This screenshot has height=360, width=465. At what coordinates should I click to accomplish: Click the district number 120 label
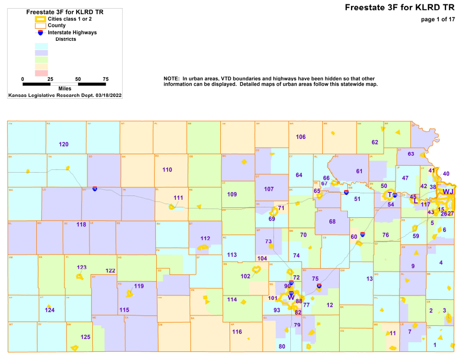click(x=63, y=144)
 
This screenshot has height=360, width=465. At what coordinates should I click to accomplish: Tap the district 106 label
click(x=301, y=137)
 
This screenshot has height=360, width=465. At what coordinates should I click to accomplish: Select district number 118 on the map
click(x=81, y=224)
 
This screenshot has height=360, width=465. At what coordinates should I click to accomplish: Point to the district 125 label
click(x=85, y=337)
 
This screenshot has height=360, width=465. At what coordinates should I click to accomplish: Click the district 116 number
click(x=237, y=332)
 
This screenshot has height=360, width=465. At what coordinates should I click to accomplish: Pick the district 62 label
click(x=374, y=142)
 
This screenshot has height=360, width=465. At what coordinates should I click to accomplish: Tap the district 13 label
click(x=370, y=279)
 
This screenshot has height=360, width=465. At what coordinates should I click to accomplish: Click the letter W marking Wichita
click(x=291, y=298)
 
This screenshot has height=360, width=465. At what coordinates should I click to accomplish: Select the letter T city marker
click(x=390, y=195)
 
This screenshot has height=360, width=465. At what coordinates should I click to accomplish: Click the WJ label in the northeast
click(x=448, y=192)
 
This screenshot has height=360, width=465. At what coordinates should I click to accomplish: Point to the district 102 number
click(x=245, y=276)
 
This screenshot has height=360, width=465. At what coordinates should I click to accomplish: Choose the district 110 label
click(x=167, y=169)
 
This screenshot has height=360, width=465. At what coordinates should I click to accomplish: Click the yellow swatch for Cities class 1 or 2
click(x=40, y=19)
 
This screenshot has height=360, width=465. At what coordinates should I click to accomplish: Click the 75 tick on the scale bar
click(x=106, y=79)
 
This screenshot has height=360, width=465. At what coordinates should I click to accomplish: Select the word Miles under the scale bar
click(x=65, y=88)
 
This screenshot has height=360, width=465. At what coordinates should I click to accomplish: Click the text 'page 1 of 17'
click(x=437, y=20)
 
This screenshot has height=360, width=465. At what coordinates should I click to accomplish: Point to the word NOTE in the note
click(x=171, y=79)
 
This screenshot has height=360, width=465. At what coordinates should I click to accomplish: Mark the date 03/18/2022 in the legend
click(x=101, y=95)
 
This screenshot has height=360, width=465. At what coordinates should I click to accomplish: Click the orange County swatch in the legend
click(x=40, y=26)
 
